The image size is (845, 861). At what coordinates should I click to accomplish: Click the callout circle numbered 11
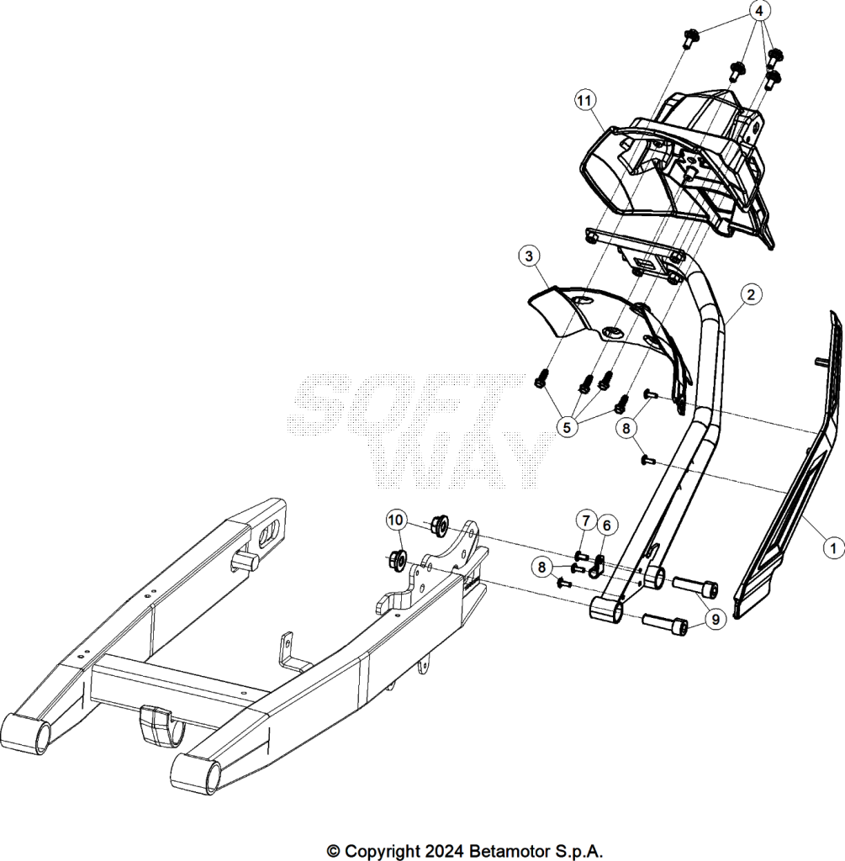pyautogui.click(x=584, y=101)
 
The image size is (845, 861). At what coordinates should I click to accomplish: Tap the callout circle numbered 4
pyautogui.click(x=758, y=11)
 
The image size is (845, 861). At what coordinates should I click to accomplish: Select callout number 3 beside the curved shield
pyautogui.click(x=529, y=256)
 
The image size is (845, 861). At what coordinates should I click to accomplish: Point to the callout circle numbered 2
pyautogui.click(x=751, y=294)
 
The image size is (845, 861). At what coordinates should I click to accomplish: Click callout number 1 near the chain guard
pyautogui.click(x=833, y=547)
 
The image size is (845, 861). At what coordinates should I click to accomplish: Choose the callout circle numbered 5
pyautogui.click(x=568, y=427)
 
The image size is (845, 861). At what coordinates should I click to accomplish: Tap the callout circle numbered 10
pyautogui.click(x=396, y=520)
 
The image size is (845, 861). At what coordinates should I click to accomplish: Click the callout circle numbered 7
pyautogui.click(x=586, y=520)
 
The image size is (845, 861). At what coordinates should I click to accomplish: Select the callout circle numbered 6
pyautogui.click(x=607, y=526)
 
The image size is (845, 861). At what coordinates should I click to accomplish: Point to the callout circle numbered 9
pyautogui.click(x=716, y=620)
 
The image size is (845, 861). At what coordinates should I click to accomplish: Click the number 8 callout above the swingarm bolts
pyautogui.click(x=542, y=567)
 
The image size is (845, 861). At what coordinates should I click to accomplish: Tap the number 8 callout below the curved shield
pyautogui.click(x=626, y=428)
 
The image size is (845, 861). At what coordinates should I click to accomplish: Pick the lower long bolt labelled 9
pyautogui.click(x=665, y=625)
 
